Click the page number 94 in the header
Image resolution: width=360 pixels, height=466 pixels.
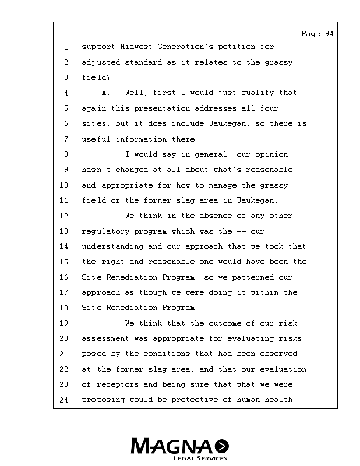pyautogui.click(x=329, y=34)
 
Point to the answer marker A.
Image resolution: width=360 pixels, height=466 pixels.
pyautogui.click(x=105, y=93)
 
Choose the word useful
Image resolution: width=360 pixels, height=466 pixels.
pyautogui.click(x=96, y=139)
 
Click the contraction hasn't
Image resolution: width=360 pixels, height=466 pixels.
pyautogui.click(x=96, y=170)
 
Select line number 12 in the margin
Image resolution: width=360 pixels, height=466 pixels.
pyautogui.click(x=64, y=216)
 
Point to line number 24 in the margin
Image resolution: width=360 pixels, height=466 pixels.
pyautogui.click(x=64, y=400)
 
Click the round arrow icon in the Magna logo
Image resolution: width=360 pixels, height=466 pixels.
pyautogui.click(x=222, y=446)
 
